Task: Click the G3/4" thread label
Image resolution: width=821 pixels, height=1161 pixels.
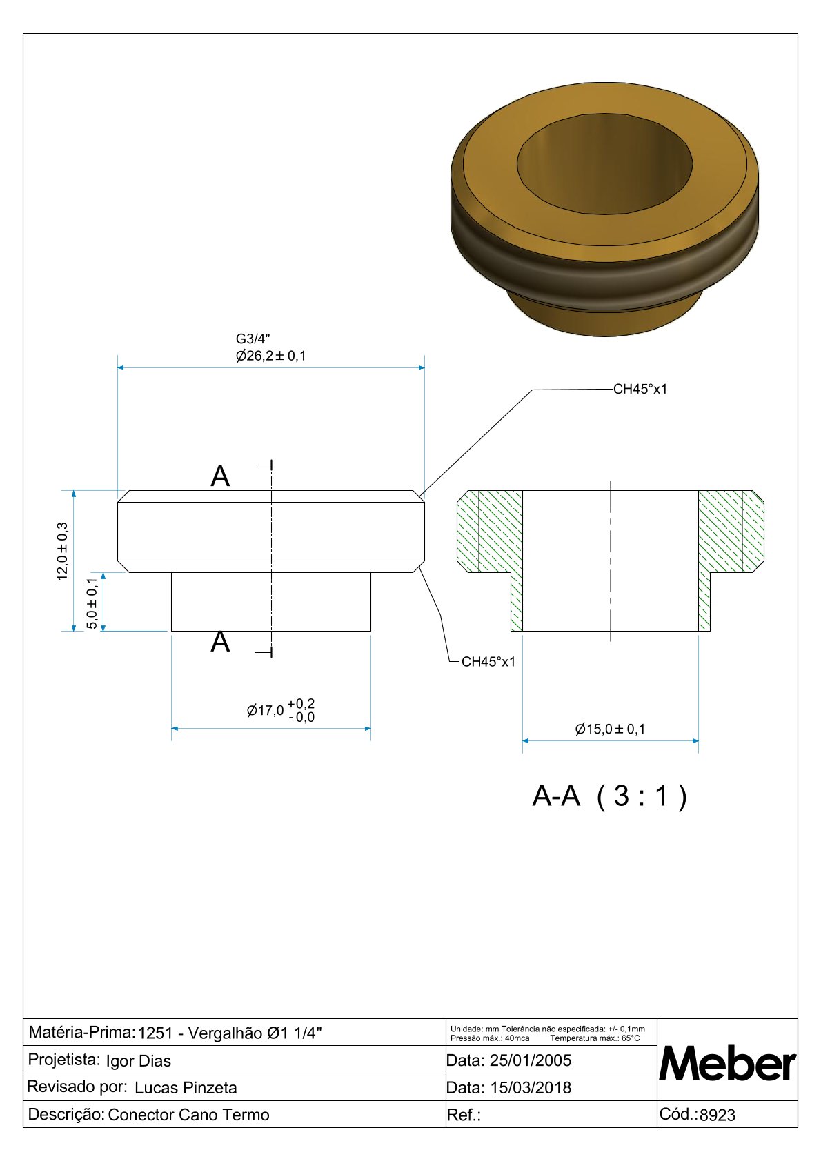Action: [x=253, y=339]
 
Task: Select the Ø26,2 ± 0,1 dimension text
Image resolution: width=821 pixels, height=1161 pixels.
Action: [x=270, y=356]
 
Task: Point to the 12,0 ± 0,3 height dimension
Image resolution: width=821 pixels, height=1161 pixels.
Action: [x=63, y=552]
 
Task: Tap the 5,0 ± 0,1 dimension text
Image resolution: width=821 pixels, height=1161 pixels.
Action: [x=92, y=603]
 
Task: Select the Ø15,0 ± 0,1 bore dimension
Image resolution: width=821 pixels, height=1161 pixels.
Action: [x=610, y=729]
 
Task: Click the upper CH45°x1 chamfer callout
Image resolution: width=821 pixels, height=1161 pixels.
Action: [x=640, y=389]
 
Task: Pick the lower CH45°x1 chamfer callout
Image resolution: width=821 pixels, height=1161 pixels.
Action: [x=488, y=662]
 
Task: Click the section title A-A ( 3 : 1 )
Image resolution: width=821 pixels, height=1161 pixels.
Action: [x=610, y=796]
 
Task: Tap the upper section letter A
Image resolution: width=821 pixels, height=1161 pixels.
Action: [x=220, y=476]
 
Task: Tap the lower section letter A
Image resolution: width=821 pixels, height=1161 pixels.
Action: [x=220, y=642]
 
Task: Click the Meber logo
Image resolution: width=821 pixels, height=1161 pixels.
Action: [x=727, y=1064]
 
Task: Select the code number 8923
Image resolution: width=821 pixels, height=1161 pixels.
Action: [x=718, y=1115]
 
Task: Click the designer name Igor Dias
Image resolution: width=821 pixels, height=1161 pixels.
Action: [x=138, y=1061]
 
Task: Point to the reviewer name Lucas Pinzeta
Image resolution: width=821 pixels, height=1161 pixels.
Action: [x=186, y=1088]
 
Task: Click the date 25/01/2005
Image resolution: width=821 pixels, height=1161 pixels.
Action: [x=530, y=1060]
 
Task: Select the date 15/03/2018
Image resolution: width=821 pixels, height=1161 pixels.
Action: [x=530, y=1088]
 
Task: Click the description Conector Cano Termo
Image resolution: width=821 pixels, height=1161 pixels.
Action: [x=188, y=1115]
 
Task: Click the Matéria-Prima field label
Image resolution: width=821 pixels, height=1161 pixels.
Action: [x=81, y=1032]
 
